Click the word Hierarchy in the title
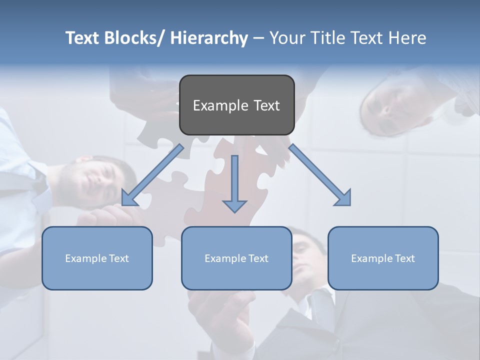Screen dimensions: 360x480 [x=209, y=38]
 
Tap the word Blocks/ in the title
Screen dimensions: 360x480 [x=133, y=38]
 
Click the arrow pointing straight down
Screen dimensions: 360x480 [x=234, y=180]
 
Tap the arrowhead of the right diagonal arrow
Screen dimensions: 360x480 [x=343, y=198]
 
